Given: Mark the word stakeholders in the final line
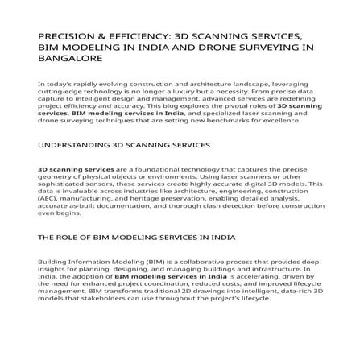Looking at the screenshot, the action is [94, 300].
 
